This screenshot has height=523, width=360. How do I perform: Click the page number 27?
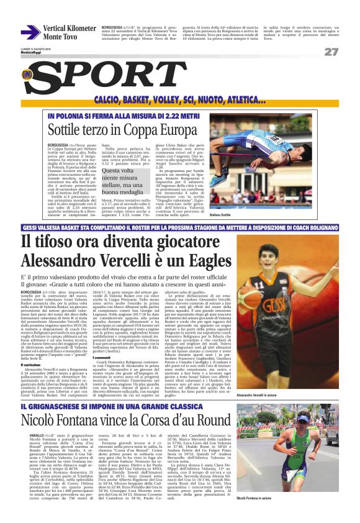(x=330, y=52)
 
